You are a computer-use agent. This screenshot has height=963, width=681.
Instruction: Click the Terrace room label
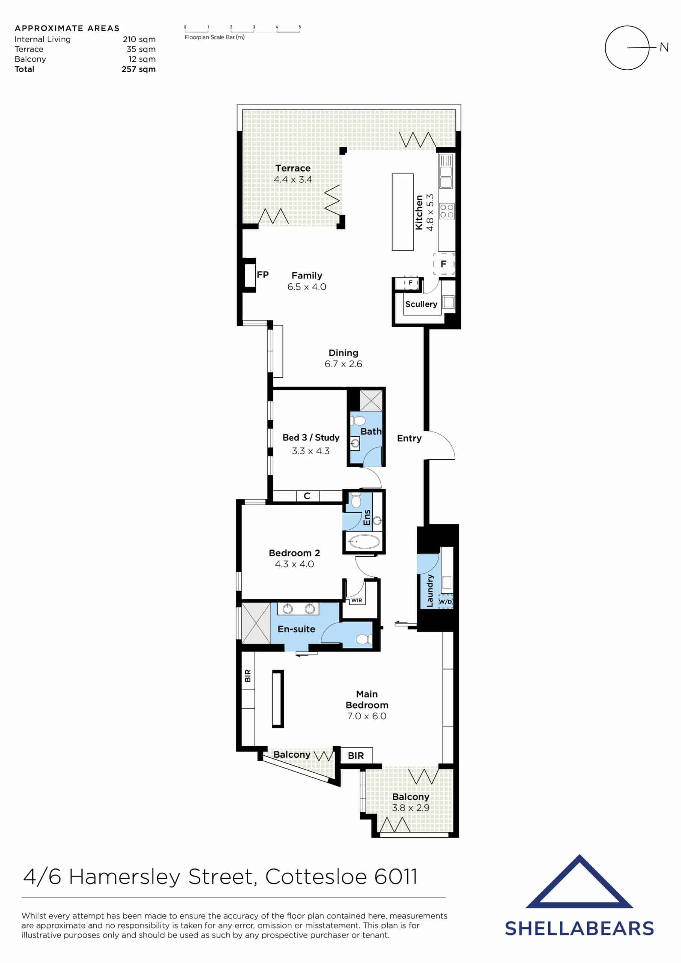pos(293,168)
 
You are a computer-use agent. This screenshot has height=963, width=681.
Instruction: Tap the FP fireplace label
pos(262,275)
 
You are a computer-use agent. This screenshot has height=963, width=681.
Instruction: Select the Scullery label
pos(421,304)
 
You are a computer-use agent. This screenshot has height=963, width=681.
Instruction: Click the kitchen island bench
pos(403,212)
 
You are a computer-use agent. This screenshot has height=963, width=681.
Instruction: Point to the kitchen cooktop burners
pos(447,211)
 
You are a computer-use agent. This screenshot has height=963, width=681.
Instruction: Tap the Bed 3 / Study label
pos(311,437)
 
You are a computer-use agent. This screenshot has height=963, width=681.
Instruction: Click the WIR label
pos(356,600)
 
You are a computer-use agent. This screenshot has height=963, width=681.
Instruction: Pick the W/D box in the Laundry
pos(445,601)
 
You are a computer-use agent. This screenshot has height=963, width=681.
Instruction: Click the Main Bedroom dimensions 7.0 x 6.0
pos(367,716)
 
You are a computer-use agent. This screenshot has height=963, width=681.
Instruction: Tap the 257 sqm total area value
pos(138,69)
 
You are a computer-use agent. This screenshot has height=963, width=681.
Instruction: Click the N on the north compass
pos(664,47)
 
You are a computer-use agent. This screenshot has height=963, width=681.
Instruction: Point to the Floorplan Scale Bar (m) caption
pos(214,37)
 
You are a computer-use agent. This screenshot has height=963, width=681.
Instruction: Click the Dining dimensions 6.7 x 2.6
pos(343,364)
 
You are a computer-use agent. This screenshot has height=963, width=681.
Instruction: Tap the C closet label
pos(307,496)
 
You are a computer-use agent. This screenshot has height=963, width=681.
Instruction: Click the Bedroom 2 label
pos(294,553)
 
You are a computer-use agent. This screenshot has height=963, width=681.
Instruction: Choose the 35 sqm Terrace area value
pos(141,49)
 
